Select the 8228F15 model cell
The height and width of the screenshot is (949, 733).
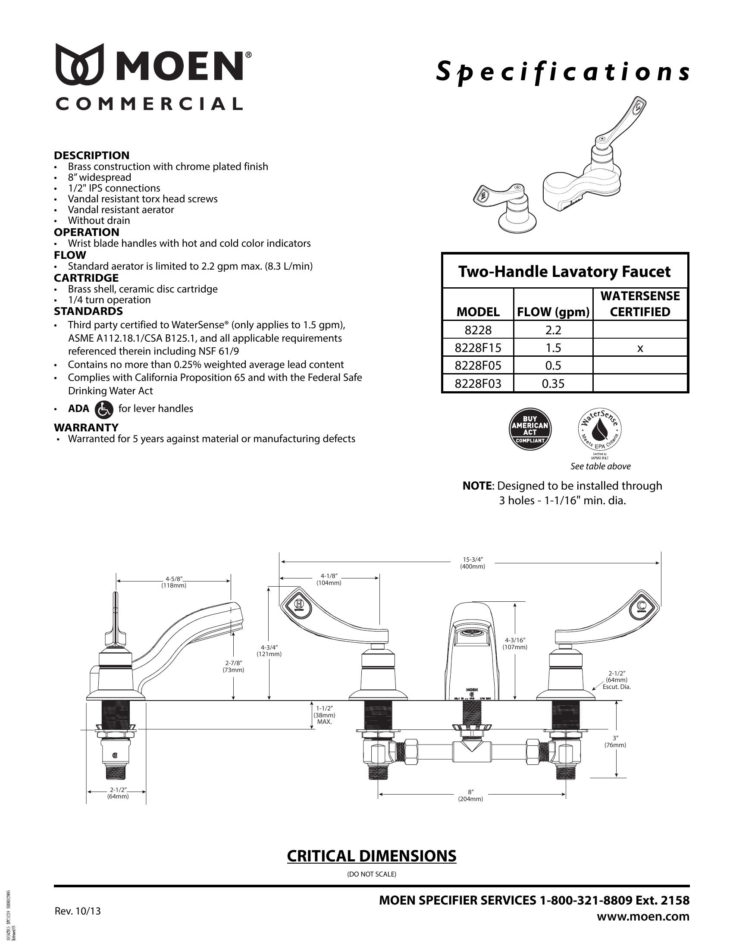tap(478, 348)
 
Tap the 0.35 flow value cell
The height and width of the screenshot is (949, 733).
tap(553, 383)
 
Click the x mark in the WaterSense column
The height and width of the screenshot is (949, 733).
tap(640, 348)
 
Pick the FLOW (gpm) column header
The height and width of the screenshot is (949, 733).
tap(553, 311)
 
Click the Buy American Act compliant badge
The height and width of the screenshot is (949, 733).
tap(530, 428)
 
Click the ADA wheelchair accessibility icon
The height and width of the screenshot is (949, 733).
tap(103, 409)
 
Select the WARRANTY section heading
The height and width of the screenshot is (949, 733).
tap(86, 427)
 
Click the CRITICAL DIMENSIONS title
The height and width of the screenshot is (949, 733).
tap(371, 855)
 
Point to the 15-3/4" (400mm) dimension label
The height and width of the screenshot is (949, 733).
tap(473, 563)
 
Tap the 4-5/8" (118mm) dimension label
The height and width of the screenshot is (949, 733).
tap(174, 582)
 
